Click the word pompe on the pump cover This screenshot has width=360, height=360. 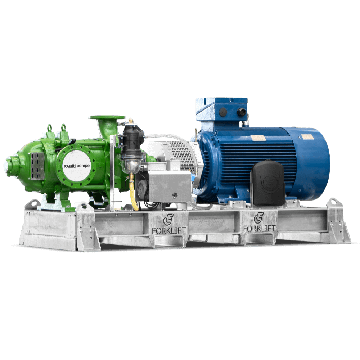click(x=83, y=166)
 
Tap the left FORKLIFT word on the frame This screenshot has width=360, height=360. click(x=169, y=230)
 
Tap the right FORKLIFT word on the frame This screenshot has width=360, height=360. click(x=260, y=228)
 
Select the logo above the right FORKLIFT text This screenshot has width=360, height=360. click(x=258, y=218)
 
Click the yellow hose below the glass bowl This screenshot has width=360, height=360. click(x=134, y=193)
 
